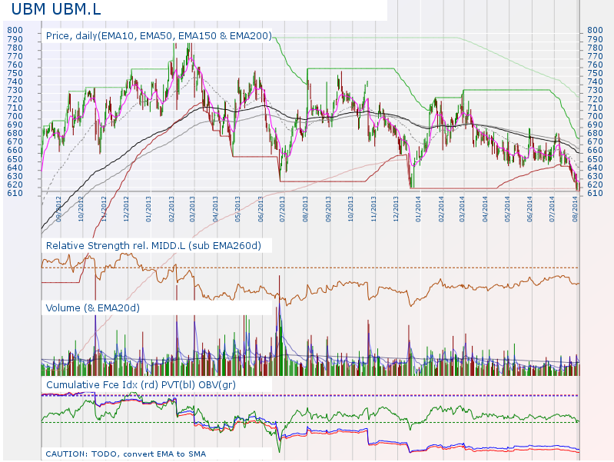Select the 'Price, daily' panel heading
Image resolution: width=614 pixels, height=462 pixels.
(158, 35)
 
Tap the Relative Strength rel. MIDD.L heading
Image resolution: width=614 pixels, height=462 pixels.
(154, 245)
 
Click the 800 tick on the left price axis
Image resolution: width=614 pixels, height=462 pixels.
(15, 31)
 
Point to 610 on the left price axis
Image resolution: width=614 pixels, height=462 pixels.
(15, 193)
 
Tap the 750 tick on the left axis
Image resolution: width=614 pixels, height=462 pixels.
(15, 73)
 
